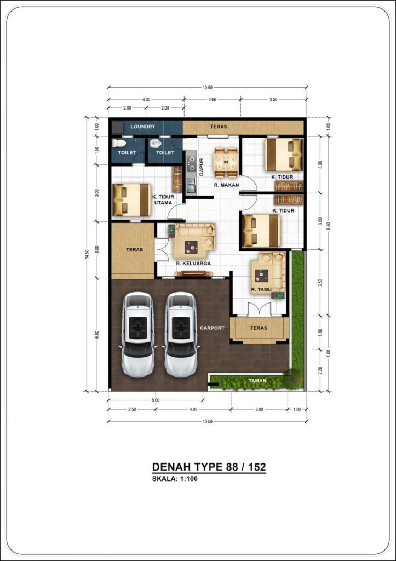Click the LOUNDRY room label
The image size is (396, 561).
[x=143, y=127]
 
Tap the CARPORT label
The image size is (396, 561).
[x=213, y=328]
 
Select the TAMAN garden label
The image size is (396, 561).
[x=257, y=381]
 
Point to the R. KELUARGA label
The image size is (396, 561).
[x=193, y=264]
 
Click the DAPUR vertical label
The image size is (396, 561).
[x=202, y=167]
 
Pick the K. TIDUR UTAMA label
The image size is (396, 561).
[x=163, y=199]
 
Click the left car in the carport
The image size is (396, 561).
[x=137, y=335]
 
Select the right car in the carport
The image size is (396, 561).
[x=181, y=335]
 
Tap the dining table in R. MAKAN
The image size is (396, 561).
[x=225, y=162]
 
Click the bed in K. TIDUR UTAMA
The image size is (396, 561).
[x=131, y=200]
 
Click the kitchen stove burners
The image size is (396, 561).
[x=191, y=163]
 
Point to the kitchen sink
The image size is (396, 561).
[x=191, y=185]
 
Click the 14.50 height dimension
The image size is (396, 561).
[x=86, y=254]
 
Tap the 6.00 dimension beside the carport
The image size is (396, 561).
[x=96, y=335]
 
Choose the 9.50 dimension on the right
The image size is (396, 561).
[x=329, y=226]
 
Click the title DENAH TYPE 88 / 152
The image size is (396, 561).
[x=209, y=467]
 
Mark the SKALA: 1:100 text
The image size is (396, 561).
[x=175, y=479]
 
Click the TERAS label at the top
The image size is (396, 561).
[x=219, y=127]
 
